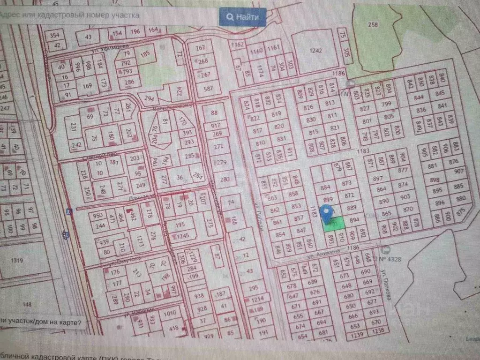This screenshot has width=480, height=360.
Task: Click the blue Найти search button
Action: (242, 17)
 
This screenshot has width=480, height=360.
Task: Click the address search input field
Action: (108, 15)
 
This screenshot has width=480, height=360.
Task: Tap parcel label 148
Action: (27, 305)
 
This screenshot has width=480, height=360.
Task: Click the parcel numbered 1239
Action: (358, 334)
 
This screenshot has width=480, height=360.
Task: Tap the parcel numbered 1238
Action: (376, 331)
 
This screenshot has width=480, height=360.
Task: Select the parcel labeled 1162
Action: (238, 45)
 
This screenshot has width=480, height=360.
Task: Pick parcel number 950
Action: (97, 216)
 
